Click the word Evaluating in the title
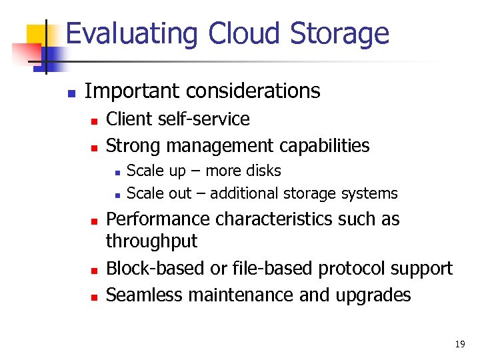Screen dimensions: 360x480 point(133,33)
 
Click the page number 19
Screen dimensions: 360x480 point(459,344)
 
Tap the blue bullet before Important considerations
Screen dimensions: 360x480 point(71,92)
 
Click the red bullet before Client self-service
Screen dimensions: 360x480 point(94,121)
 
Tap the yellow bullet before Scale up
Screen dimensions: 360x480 point(116,172)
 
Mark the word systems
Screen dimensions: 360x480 point(369,194)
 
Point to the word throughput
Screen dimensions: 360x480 point(152,241)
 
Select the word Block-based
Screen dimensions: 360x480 point(155,269)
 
